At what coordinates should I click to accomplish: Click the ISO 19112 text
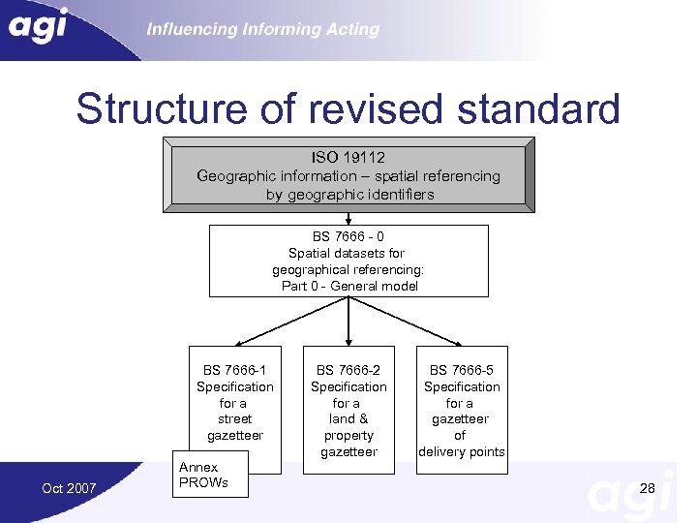348,157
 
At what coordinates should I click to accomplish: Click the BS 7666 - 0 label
348,236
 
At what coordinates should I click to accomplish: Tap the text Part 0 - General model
348,286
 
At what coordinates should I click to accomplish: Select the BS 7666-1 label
235,370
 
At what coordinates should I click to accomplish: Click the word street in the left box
235,419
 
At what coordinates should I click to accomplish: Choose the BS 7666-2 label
348,370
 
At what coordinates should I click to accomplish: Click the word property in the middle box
348,436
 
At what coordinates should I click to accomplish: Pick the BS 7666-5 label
462,370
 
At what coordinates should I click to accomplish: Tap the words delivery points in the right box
461,452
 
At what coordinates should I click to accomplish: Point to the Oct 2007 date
69,488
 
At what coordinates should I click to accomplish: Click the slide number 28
648,488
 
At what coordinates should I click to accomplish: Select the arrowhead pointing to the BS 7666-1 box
240,342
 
